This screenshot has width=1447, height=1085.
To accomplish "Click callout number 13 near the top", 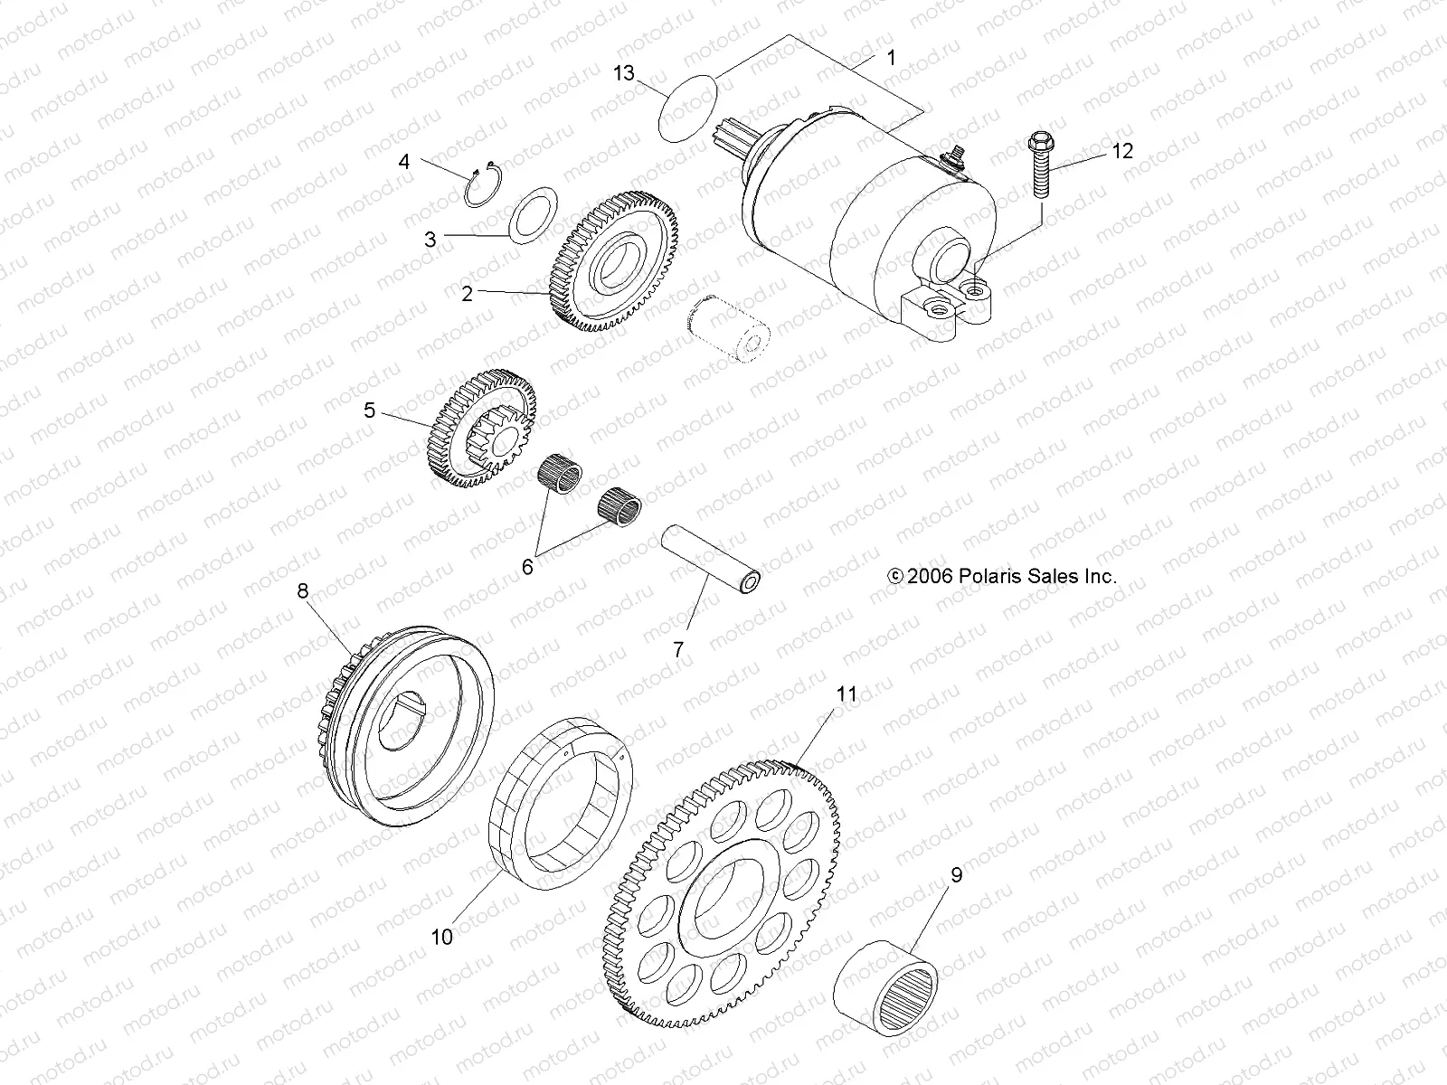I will point(624,73).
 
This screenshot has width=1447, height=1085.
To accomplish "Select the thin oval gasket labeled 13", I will point(686,108).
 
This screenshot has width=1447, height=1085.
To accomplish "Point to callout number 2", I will point(467,294).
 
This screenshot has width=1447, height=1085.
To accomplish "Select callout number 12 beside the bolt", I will point(1121,151).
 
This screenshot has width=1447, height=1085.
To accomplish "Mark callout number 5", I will point(369,410).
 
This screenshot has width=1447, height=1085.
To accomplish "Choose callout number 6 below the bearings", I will point(527,567).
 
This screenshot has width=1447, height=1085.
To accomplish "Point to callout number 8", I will point(302,590).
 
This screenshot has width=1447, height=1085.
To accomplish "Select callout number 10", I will point(441,938).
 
